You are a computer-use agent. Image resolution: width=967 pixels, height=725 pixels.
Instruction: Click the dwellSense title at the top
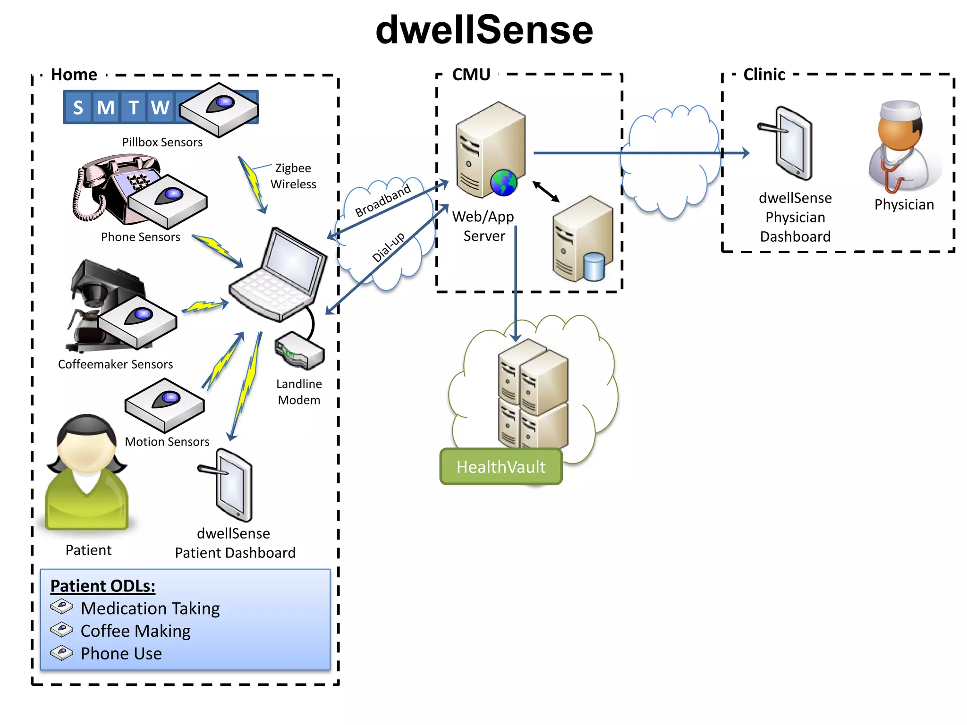click(x=484, y=30)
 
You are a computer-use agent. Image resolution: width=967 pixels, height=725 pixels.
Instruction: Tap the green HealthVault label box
click(x=501, y=466)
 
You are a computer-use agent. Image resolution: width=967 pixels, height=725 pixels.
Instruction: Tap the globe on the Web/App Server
click(x=504, y=183)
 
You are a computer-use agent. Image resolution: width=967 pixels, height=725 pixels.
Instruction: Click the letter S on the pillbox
click(x=78, y=108)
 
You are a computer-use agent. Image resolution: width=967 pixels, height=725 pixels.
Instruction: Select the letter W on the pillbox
click(x=160, y=108)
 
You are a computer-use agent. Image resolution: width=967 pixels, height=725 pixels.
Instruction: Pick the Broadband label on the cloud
click(x=383, y=201)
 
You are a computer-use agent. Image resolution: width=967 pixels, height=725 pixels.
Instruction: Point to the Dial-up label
click(x=388, y=246)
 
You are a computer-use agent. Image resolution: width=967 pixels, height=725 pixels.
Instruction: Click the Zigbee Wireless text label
click(x=293, y=176)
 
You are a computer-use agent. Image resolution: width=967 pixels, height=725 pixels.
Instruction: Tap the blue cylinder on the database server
click(x=594, y=267)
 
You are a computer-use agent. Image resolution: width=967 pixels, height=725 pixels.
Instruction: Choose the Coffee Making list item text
click(x=136, y=631)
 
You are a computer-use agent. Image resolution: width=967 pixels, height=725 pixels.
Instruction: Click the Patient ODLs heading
click(x=103, y=586)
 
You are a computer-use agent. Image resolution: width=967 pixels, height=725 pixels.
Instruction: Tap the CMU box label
click(x=471, y=75)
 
